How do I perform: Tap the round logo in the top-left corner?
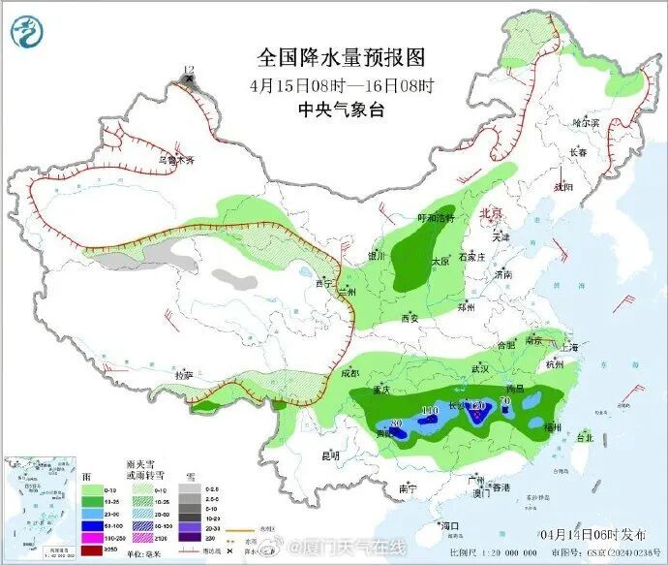point(29,31)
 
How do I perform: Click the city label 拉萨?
point(184,374)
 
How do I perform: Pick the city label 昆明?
point(331,455)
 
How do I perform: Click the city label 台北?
point(584,438)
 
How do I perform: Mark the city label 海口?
point(448,525)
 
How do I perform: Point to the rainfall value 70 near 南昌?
point(504,400)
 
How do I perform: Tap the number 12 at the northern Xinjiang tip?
point(189,70)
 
